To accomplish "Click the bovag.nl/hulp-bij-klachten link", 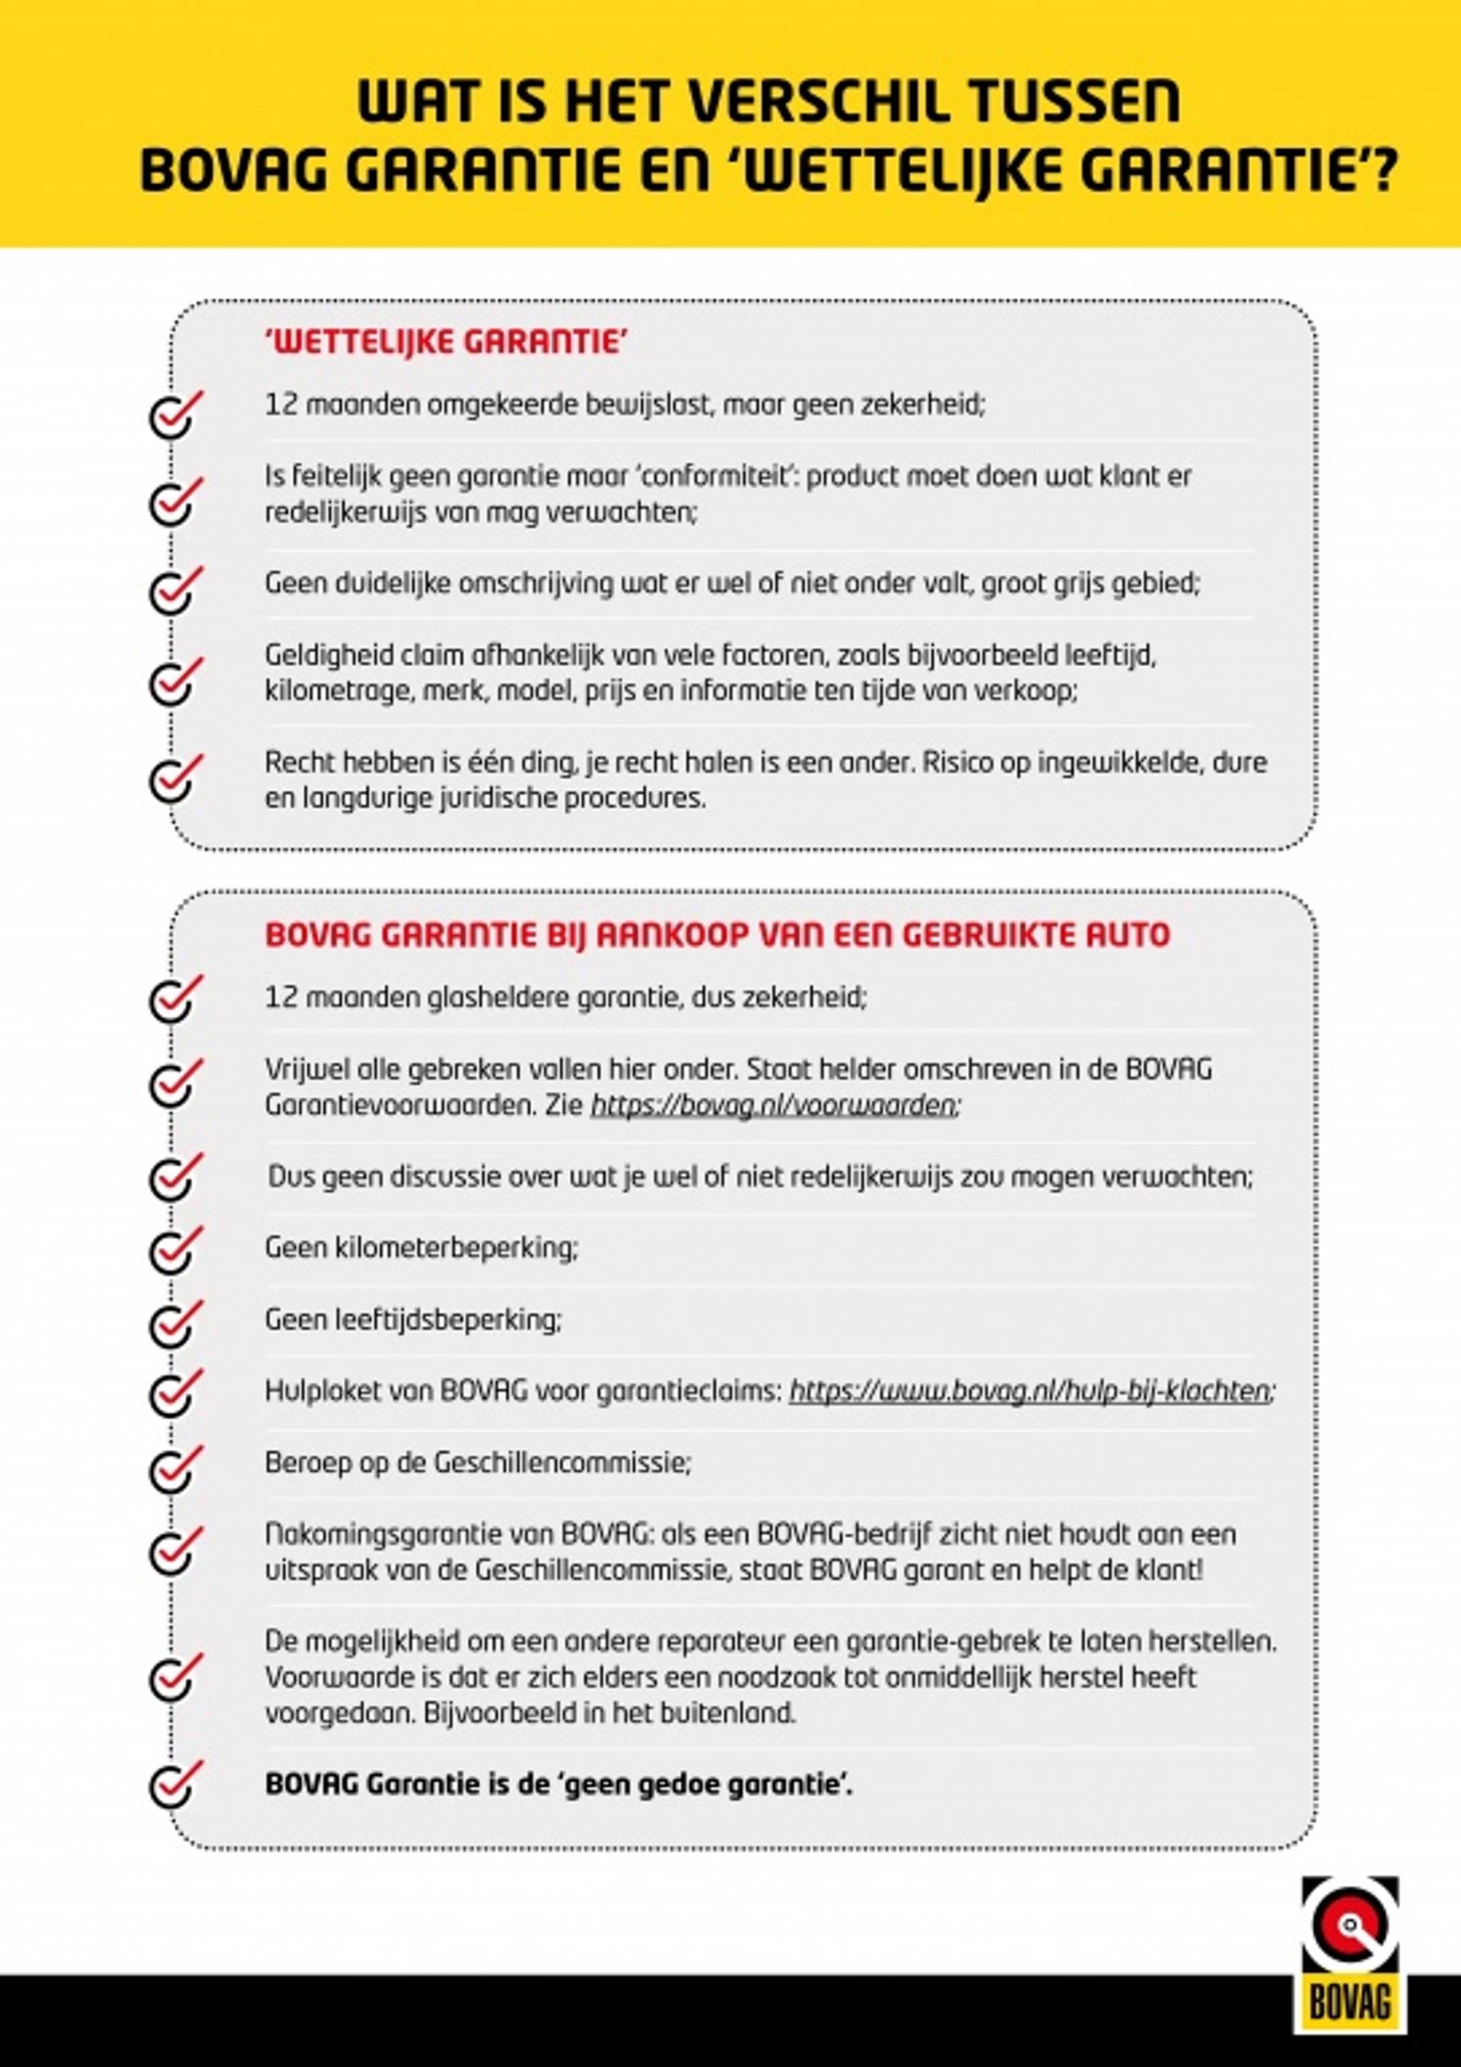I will click(1031, 1391).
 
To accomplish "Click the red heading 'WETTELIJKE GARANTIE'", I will click(446, 343).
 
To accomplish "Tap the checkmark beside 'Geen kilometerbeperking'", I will click(175, 1249).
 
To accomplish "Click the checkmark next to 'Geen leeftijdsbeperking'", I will click(175, 1320).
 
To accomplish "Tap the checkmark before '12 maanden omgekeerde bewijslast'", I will click(175, 413).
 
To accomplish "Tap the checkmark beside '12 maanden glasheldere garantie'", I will click(175, 998).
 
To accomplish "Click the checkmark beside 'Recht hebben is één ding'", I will click(175, 776).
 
